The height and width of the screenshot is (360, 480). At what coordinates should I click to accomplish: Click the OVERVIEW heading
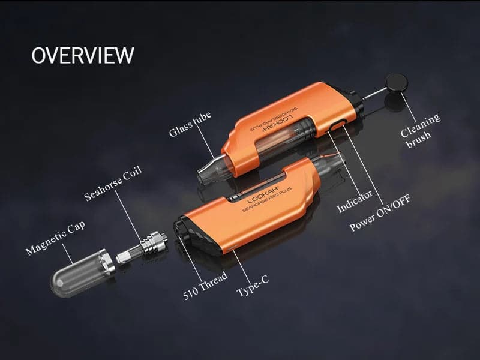coord(83,55)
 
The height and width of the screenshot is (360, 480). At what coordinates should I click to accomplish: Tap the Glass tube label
coord(190,124)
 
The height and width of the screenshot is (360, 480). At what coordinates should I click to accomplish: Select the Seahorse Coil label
coord(113,183)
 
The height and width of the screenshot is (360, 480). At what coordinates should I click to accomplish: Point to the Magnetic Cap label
coord(55,238)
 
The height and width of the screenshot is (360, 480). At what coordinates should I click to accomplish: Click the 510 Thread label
coord(205,286)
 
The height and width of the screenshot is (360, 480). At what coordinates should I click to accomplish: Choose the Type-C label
coord(253,286)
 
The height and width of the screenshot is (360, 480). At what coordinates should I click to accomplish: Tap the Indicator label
coord(355,201)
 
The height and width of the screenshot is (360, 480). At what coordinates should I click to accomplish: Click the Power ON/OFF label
coord(380,213)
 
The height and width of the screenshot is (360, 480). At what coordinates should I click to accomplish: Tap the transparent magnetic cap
coord(83,272)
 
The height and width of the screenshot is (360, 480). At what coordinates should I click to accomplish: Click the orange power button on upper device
coord(337,125)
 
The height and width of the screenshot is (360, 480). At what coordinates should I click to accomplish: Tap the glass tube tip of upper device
coord(208,172)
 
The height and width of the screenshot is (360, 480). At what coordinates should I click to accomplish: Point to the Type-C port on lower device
coord(233,247)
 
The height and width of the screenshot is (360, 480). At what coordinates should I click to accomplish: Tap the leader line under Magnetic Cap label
coord(68,254)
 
